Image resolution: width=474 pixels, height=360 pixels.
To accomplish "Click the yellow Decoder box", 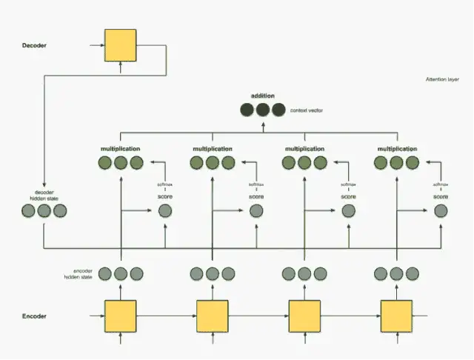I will point(121,45).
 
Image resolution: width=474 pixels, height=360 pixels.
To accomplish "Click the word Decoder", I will point(34,45).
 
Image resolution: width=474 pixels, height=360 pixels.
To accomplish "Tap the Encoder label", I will point(34,316).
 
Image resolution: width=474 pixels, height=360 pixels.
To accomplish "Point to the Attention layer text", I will point(442,79).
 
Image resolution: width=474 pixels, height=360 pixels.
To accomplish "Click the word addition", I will point(262,96).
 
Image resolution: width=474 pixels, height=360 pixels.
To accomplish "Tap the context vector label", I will point(306,110).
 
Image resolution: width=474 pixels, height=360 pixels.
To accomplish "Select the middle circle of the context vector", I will point(262,110).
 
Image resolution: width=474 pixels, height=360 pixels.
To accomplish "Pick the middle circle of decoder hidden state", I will point(44,211).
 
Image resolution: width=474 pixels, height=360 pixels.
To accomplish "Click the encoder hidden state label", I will point(78,274).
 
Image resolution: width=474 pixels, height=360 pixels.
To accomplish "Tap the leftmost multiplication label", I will point(121,149).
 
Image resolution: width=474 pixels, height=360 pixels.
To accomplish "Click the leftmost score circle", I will point(164,211).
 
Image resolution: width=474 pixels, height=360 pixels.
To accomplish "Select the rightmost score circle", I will point(441,211).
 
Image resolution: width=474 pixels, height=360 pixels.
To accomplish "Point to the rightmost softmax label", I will point(441,184).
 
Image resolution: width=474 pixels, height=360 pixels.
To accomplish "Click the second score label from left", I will point(256,196).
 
